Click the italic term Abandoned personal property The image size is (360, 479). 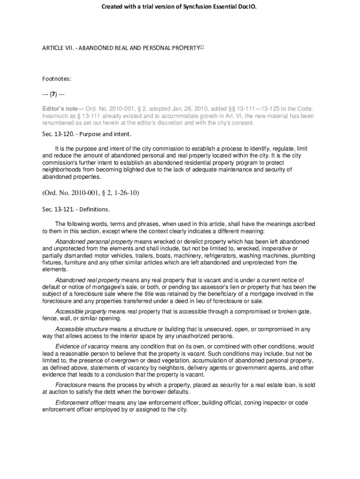coord(94,241)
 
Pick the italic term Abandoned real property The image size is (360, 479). coord(87,280)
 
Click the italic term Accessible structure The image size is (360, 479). coord(82,329)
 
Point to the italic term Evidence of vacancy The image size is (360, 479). coord(82,347)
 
